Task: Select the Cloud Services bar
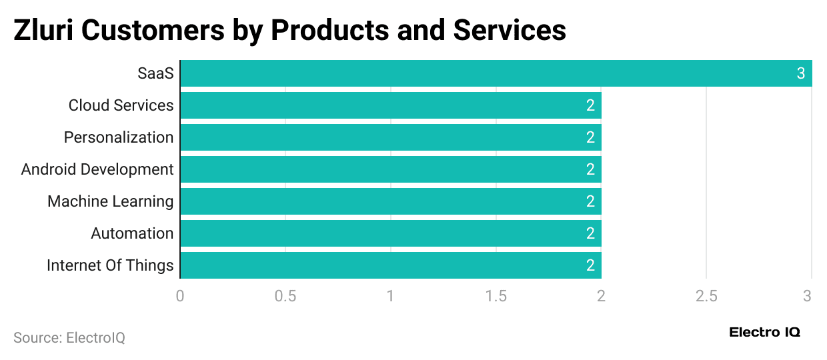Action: click(391, 105)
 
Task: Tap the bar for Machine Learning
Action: click(391, 201)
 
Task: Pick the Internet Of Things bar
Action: click(391, 265)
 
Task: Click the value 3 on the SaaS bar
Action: click(801, 73)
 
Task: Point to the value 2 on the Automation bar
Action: click(590, 233)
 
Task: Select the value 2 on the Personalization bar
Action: click(590, 137)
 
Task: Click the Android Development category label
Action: click(97, 169)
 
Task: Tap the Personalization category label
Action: click(119, 137)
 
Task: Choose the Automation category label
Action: click(132, 233)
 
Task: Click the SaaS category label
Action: click(155, 73)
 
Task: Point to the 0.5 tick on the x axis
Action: click(285, 295)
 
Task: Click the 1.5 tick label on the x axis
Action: click(496, 295)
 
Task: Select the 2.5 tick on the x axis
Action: click(707, 295)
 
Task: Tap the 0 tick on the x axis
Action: click(180, 295)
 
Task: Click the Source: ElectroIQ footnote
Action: click(69, 338)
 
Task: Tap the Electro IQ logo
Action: click(764, 332)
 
